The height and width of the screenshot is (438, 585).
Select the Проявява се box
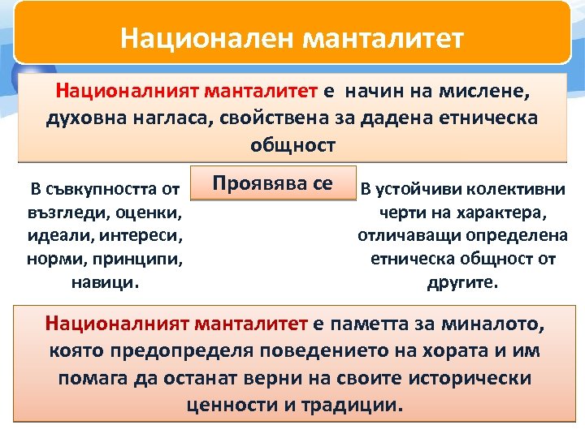click(x=272, y=183)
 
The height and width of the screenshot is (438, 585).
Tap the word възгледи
click(x=62, y=214)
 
